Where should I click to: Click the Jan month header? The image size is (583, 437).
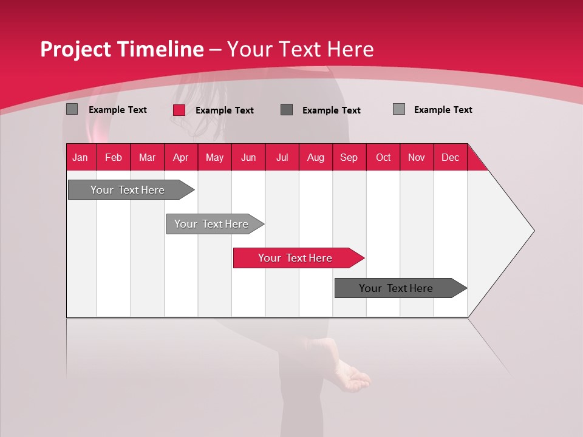click(81, 157)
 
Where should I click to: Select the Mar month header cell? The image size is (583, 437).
click(147, 157)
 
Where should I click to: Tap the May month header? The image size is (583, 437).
click(214, 157)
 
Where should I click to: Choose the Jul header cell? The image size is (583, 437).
click(282, 157)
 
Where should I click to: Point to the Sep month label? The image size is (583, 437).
click(349, 157)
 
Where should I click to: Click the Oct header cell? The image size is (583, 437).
click(383, 157)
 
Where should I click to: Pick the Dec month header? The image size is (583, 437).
click(450, 157)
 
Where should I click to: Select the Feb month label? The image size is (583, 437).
click(114, 157)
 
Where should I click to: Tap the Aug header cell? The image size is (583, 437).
click(315, 157)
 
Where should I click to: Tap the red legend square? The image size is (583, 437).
click(179, 110)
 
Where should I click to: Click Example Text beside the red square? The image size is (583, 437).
click(224, 110)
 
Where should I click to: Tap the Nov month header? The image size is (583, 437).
click(417, 157)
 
